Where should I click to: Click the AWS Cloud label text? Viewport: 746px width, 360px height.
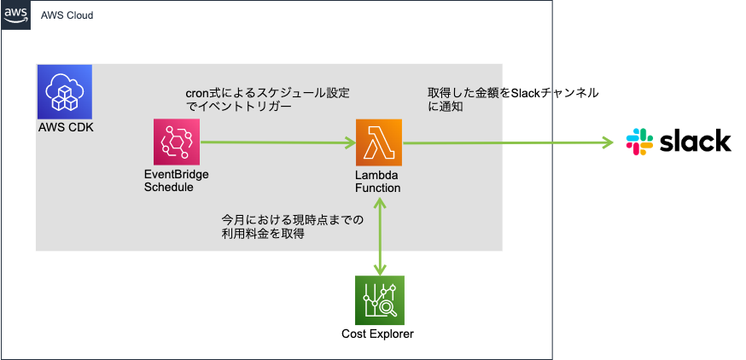tap(67, 15)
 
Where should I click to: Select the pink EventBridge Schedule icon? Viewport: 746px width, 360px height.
tap(176, 142)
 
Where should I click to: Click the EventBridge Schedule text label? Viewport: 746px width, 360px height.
tap(177, 180)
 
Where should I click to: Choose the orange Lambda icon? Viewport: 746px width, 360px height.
tap(378, 142)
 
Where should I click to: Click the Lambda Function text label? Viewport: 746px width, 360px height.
tap(378, 180)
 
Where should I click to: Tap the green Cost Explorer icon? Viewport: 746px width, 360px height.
tap(378, 299)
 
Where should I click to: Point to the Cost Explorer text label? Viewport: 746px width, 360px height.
tap(377, 334)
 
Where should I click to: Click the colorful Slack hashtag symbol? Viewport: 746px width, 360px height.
tap(640, 141)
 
